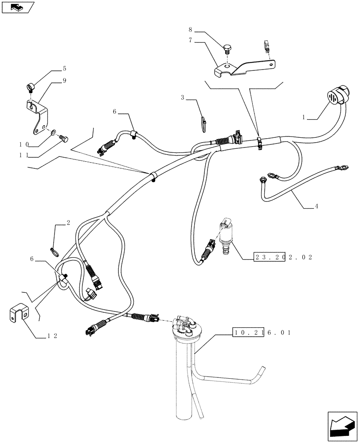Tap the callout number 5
[64, 69]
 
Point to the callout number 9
[64, 81]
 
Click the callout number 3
[182, 97]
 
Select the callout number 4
[316, 206]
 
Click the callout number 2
[68, 223]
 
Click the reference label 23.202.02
[283, 257]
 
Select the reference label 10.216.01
[261, 332]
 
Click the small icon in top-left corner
[18, 7]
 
